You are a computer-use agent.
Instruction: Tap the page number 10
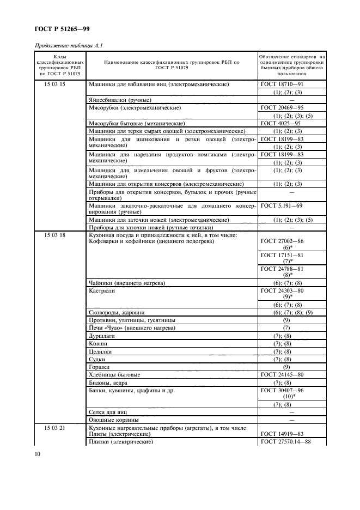38,453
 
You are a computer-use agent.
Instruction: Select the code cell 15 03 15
54,84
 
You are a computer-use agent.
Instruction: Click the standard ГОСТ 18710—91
282,84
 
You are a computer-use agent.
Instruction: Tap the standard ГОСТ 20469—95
282,108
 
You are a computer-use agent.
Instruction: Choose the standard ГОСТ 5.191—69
282,207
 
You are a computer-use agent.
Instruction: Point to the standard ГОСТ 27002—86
282,241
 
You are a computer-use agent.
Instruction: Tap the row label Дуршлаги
102,336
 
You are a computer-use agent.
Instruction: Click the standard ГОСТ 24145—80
282,374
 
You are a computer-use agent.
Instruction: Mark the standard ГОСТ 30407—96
282,390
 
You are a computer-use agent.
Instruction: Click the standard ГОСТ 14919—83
282,434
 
